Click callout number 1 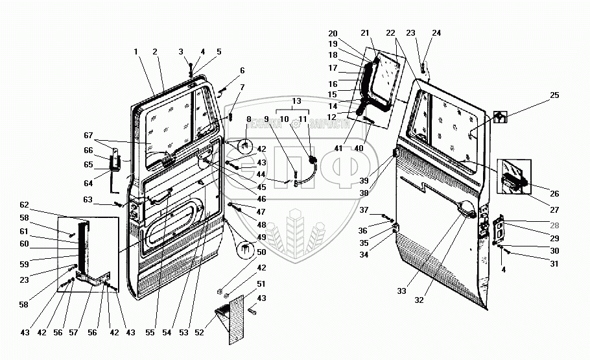(x=136, y=51)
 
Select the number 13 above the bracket (x=296, y=101)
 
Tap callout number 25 (x=554, y=95)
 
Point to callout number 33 (x=402, y=291)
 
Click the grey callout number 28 (x=554, y=225)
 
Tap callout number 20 (x=333, y=33)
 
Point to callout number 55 (x=150, y=333)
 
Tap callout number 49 (x=262, y=237)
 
